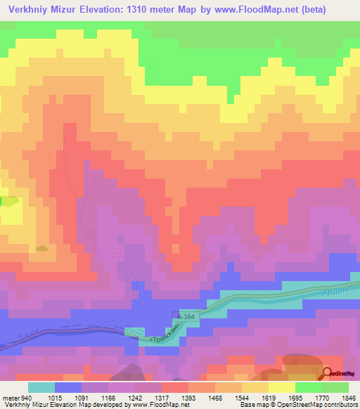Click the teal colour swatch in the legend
41,387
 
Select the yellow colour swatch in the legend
282,387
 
